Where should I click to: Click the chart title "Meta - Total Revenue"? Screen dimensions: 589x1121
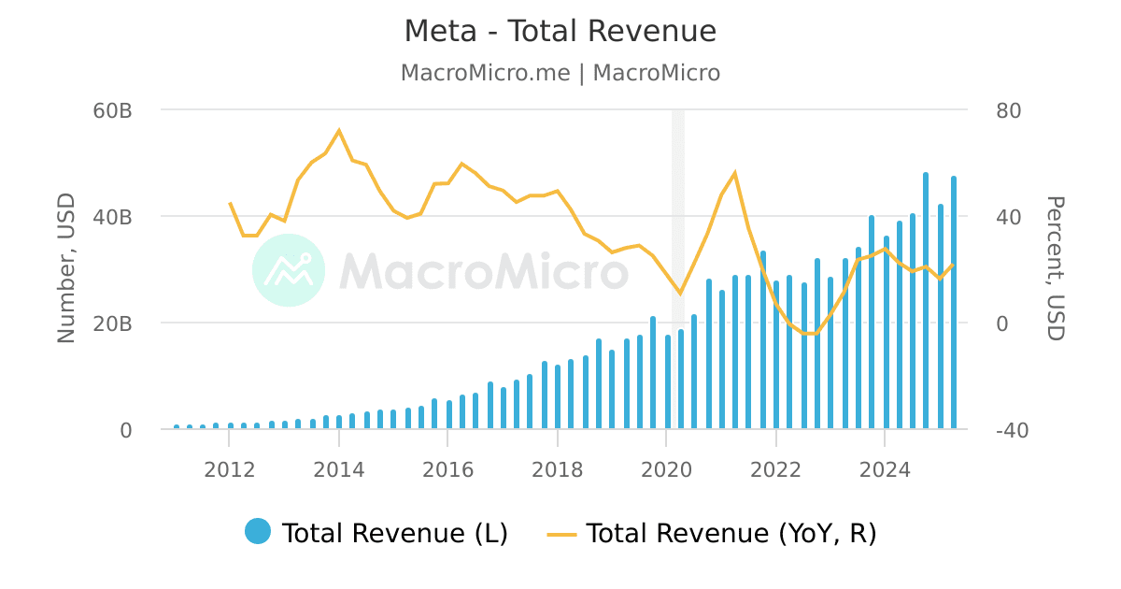pyautogui.click(x=560, y=32)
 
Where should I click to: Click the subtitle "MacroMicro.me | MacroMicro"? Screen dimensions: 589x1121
pyautogui.click(x=560, y=73)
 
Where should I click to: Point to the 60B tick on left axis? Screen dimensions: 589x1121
pyautogui.click(x=113, y=110)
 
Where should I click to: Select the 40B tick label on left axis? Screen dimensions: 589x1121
pyautogui.click(x=113, y=217)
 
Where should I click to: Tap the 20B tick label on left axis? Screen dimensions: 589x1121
pyautogui.click(x=113, y=323)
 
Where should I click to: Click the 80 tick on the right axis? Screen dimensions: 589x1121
pyautogui.click(x=1008, y=110)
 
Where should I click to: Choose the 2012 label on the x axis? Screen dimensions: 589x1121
pyautogui.click(x=229, y=469)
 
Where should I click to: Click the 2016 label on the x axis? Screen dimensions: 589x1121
pyautogui.click(x=447, y=469)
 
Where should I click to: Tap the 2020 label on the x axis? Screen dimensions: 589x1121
pyautogui.click(x=666, y=469)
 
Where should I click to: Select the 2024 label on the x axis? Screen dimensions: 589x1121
pyautogui.click(x=885, y=469)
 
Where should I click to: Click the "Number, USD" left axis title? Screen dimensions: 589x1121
pyautogui.click(x=66, y=269)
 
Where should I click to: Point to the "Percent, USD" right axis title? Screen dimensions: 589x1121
pyautogui.click(x=1055, y=269)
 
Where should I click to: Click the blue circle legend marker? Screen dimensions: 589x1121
pyautogui.click(x=258, y=532)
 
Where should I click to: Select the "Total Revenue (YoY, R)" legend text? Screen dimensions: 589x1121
pyautogui.click(x=731, y=533)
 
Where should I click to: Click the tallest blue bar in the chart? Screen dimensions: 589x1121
pyautogui.click(x=926, y=299)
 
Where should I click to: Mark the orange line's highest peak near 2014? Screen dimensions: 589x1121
pyautogui.click(x=338, y=131)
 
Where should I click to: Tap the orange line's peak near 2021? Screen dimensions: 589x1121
pyautogui.click(x=734, y=173)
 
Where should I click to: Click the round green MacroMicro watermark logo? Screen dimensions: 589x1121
pyautogui.click(x=289, y=270)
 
